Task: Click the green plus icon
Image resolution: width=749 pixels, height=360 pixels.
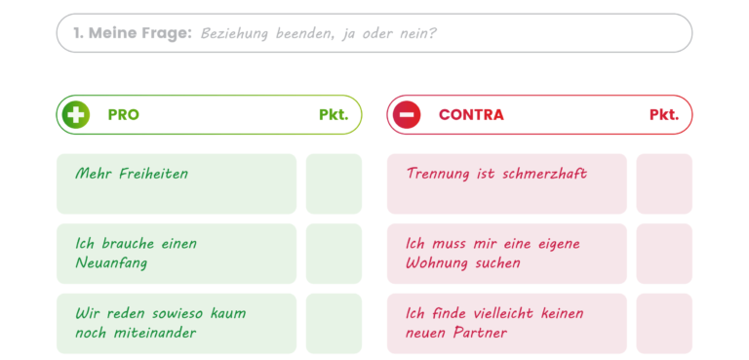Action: coord(76,115)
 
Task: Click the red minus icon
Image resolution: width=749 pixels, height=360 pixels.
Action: coord(406,115)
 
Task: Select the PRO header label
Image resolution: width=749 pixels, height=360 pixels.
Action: coord(124,115)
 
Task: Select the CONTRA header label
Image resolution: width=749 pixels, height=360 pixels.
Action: coord(471,115)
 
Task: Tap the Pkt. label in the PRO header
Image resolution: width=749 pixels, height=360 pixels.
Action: coord(334,115)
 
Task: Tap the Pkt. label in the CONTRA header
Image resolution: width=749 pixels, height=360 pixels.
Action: coord(664,115)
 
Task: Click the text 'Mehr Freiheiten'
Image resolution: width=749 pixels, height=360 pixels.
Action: coord(132,174)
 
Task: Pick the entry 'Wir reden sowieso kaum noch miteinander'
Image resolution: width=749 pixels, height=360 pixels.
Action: coord(161,323)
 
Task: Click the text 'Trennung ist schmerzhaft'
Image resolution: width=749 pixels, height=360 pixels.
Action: coord(496,174)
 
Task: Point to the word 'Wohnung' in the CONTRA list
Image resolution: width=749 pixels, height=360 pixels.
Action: coord(439,263)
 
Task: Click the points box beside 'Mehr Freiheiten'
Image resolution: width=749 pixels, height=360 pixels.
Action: coord(334,183)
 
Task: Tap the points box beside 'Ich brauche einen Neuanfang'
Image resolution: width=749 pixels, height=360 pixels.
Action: coord(334,254)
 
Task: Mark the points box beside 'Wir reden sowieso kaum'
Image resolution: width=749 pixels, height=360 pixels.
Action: coord(334,323)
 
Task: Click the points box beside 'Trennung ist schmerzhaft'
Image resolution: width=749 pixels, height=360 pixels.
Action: coord(664,183)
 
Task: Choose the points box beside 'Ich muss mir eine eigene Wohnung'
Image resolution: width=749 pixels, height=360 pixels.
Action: coord(664,254)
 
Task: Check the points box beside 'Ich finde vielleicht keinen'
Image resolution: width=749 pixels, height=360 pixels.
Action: coord(664,323)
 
